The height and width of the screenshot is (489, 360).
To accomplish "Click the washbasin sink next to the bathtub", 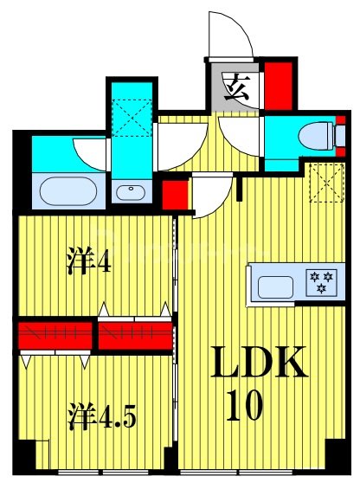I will [132, 191].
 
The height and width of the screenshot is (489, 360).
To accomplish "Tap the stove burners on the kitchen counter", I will [321, 283].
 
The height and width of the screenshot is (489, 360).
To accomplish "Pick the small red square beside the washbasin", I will [175, 193].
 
